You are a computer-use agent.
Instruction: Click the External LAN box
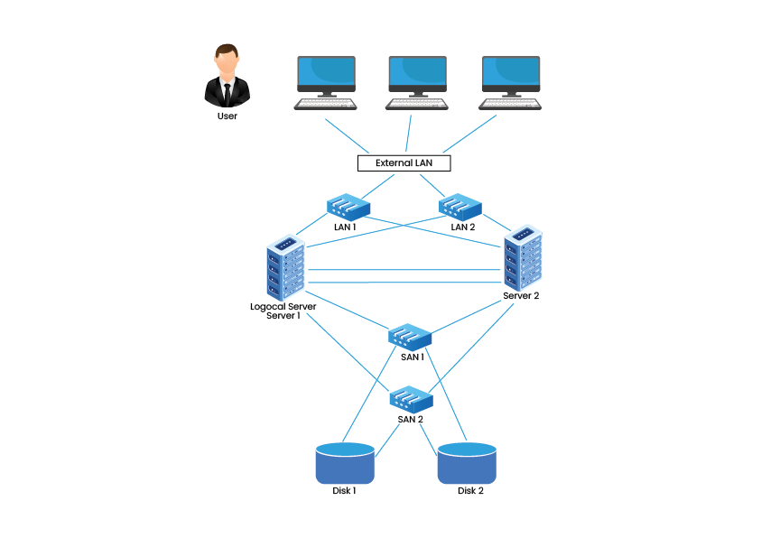point(404,163)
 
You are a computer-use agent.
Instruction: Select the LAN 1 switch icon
point(348,207)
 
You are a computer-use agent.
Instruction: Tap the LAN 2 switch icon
point(460,207)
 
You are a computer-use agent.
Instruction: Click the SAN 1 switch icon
point(410,338)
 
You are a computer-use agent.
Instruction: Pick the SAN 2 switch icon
point(411,399)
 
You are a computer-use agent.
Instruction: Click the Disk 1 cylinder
point(345,463)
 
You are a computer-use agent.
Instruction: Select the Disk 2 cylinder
point(467,463)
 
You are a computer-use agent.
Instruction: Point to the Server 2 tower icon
point(523,257)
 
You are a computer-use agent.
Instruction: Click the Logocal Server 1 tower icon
point(285,267)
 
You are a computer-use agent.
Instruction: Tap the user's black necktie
point(227,94)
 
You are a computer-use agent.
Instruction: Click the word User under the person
point(227,116)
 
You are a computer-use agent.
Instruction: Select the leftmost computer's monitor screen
point(326,70)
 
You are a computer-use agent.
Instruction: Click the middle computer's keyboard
point(417,105)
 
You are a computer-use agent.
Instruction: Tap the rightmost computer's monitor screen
point(511,70)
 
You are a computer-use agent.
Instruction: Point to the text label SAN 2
point(410,419)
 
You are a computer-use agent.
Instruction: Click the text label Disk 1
point(344,490)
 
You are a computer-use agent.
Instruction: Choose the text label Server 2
point(521,295)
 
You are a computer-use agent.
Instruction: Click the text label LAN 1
point(345,227)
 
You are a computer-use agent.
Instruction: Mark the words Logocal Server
point(283,307)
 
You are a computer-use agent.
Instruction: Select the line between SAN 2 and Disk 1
point(386,441)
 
